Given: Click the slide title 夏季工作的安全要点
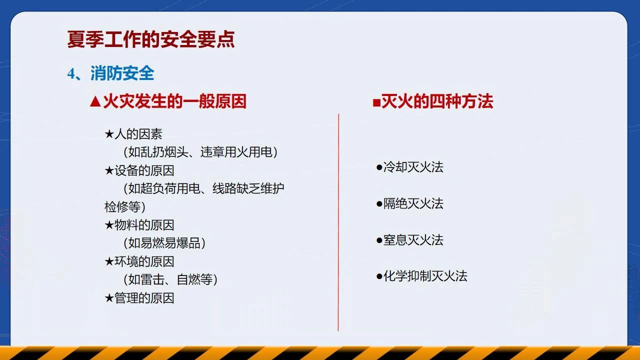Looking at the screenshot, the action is click(151, 39).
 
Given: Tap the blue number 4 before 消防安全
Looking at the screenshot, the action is click(71, 73).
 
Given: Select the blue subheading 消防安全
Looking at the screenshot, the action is click(122, 73).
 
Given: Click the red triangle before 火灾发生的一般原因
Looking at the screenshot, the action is click(95, 101).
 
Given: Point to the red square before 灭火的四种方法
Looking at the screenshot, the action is click(376, 102).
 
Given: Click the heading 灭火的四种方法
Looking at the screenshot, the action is click(437, 101).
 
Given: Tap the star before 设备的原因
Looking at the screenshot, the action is click(109, 170).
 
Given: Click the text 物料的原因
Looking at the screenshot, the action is click(144, 225).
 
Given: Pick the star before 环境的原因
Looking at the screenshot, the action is click(109, 261).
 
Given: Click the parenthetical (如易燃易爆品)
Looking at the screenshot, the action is click(164, 243).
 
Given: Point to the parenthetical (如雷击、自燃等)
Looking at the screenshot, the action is click(170, 279).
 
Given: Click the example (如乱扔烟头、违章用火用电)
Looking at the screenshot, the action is click(200, 152).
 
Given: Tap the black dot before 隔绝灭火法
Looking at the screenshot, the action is click(379, 203).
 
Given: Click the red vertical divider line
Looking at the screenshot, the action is click(338, 222).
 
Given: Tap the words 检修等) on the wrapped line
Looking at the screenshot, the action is click(125, 207).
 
